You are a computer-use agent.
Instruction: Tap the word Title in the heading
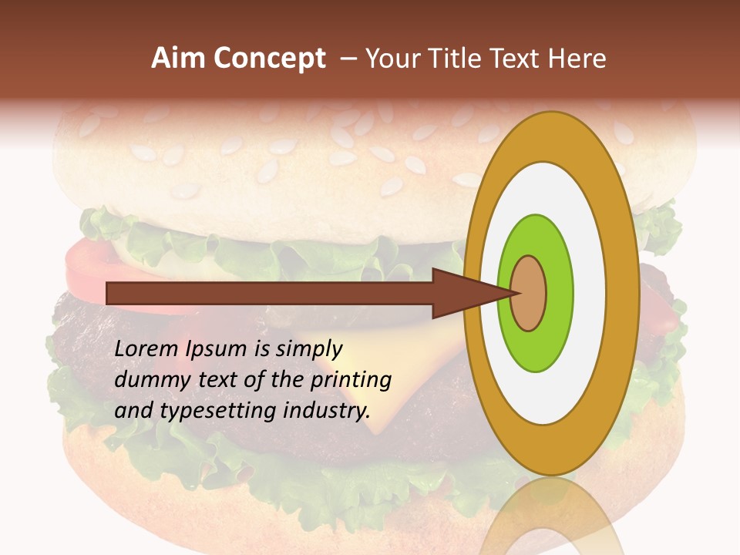(460, 59)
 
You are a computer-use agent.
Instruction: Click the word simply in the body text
(308, 350)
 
